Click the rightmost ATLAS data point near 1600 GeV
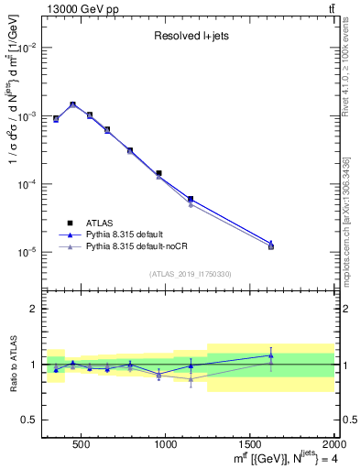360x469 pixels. (270, 246)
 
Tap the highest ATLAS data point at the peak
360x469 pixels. (72, 104)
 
